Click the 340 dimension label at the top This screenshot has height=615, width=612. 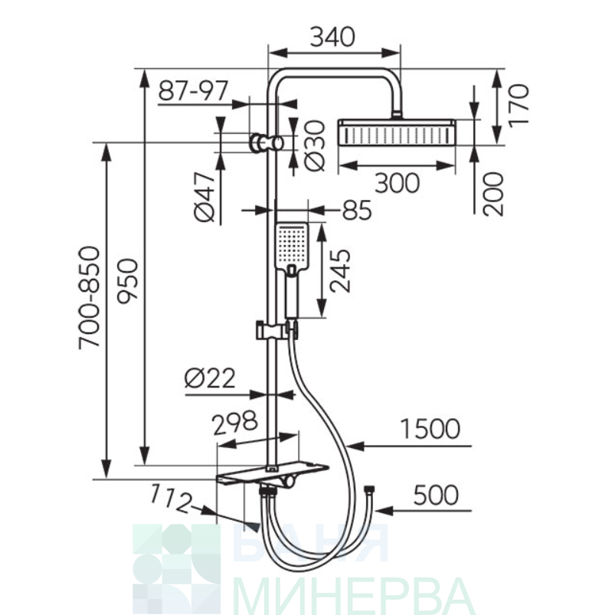pos(332,38)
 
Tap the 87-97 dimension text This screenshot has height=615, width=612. pos(193,91)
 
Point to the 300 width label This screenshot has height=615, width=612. pos(397,183)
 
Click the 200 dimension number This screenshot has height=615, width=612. pos(493,194)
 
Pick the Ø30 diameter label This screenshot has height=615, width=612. pos(315,146)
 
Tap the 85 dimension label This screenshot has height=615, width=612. pos(357,210)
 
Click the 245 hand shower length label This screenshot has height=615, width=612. pos(340,270)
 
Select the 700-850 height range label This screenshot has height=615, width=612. pos(90,298)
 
